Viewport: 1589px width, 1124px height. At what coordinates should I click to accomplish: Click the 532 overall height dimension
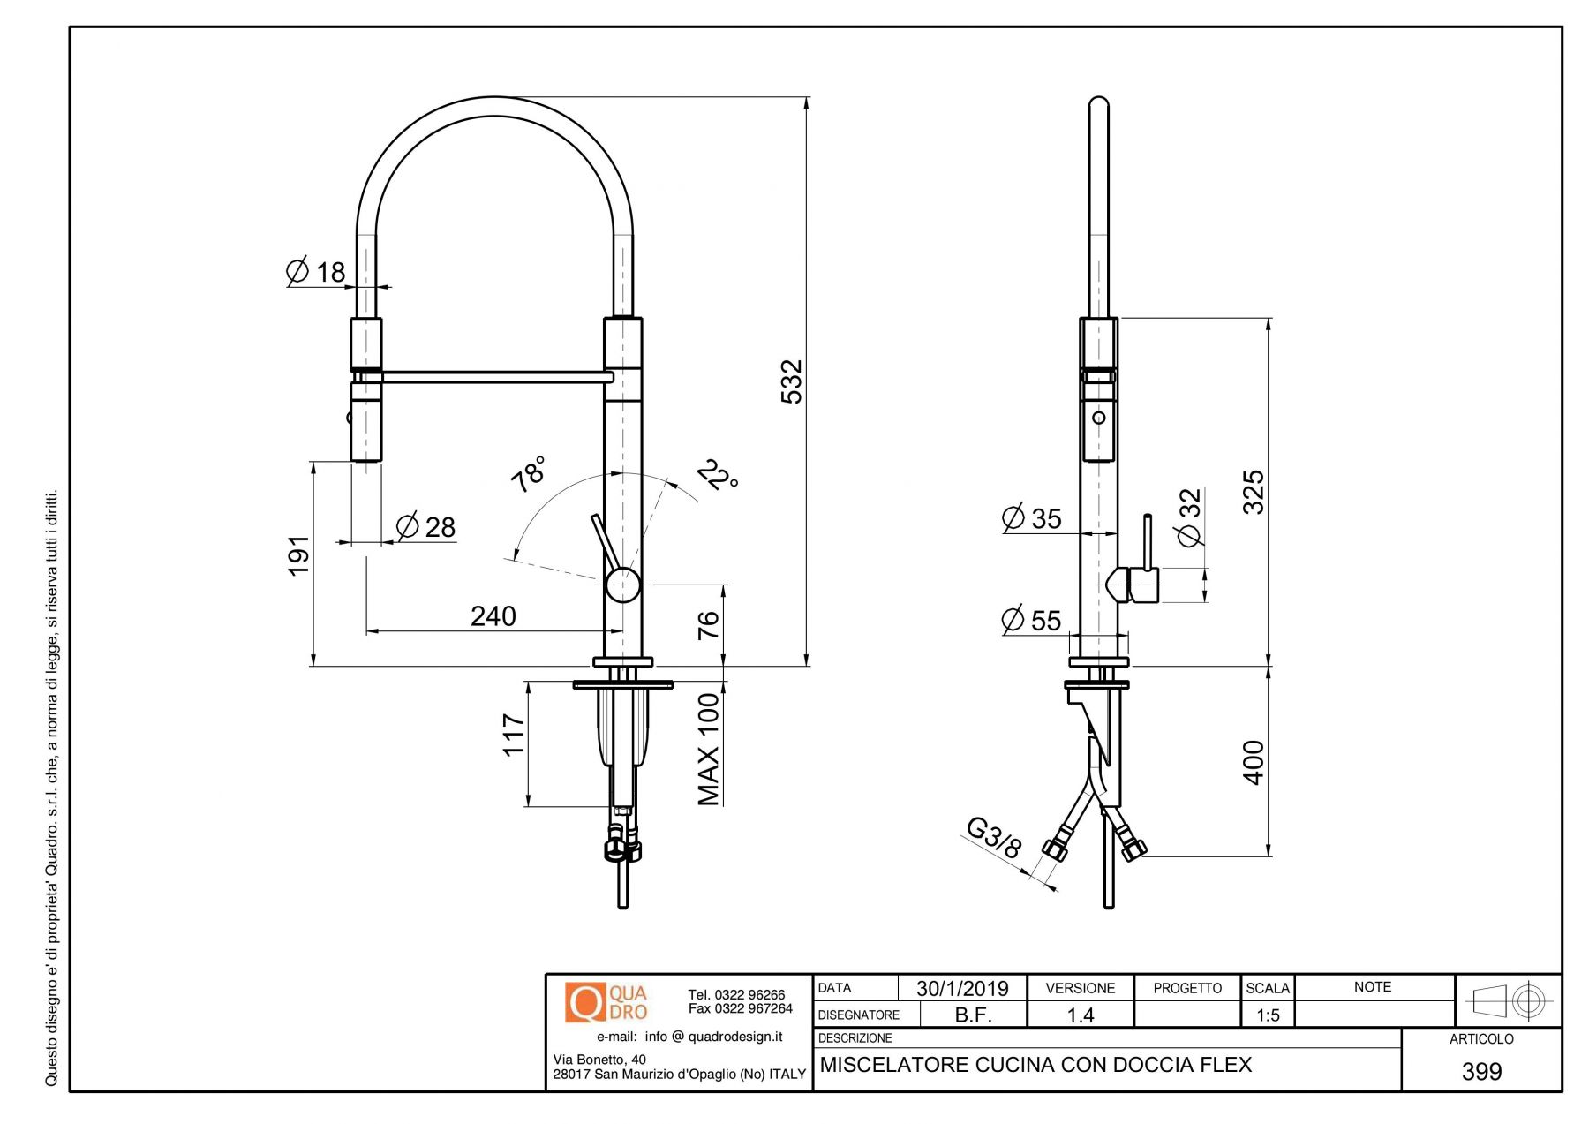point(792,381)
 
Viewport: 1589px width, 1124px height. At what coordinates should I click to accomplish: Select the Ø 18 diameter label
point(315,270)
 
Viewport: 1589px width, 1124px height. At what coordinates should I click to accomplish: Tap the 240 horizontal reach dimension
point(493,615)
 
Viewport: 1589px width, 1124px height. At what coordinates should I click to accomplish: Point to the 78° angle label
point(529,474)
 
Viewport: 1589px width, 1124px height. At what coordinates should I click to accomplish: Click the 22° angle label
point(718,475)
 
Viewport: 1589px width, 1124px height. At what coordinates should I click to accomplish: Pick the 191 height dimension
point(299,554)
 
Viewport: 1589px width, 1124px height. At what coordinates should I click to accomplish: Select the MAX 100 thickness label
point(709,749)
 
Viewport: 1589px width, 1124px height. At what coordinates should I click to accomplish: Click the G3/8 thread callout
point(994,838)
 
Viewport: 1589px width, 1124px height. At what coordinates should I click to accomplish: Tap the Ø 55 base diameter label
point(1031,619)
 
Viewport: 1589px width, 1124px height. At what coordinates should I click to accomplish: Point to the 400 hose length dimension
point(1253,762)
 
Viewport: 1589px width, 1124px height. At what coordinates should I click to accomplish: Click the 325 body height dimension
point(1253,492)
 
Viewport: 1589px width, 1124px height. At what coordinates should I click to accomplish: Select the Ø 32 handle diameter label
point(1190,517)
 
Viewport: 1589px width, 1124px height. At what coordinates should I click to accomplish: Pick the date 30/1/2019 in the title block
point(962,988)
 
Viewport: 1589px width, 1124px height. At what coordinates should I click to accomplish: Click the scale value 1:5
point(1268,1015)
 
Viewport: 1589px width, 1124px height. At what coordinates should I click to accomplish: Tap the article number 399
point(1481,1071)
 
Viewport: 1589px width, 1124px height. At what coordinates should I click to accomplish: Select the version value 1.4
point(1080,1015)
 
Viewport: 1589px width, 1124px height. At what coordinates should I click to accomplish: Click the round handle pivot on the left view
point(622,585)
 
